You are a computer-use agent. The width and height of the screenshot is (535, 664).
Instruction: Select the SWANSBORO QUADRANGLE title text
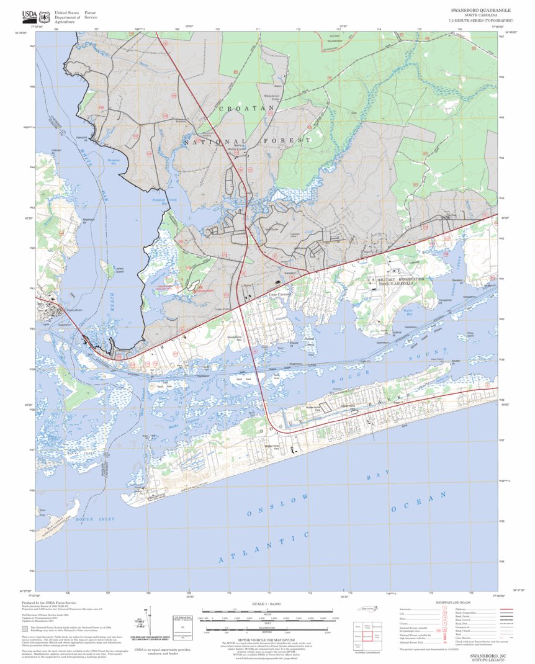(x=481, y=11)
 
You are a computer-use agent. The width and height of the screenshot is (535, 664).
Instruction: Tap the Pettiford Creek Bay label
(x=164, y=200)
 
